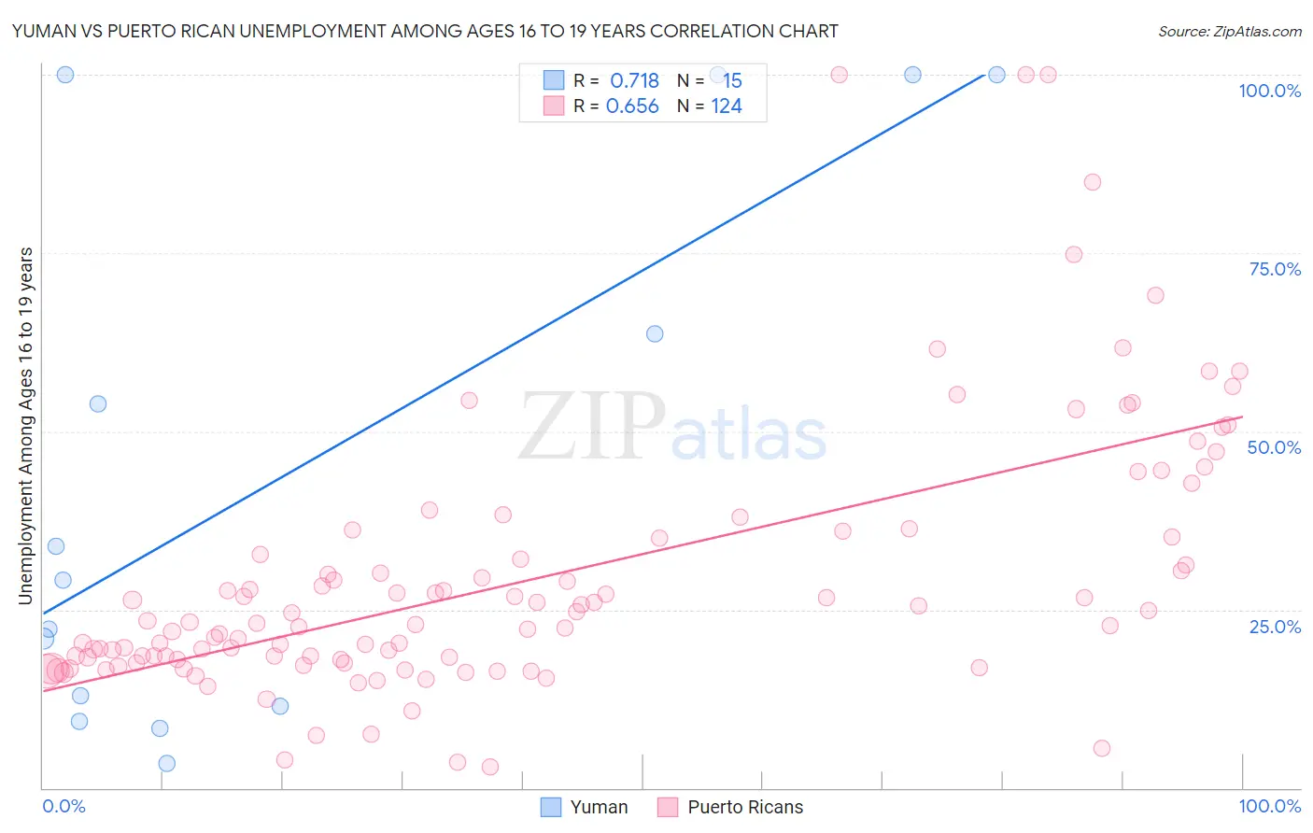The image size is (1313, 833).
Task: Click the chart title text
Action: pyautogui.click(x=425, y=31)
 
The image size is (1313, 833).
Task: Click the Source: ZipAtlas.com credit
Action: pyautogui.click(x=1229, y=31)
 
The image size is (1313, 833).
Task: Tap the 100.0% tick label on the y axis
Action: pyautogui.click(x=1269, y=91)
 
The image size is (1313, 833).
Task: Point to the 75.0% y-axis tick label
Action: pyautogui.click(x=1275, y=269)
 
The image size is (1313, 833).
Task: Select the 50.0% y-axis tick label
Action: pyautogui.click(x=1274, y=447)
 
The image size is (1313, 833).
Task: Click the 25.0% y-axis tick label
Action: pyautogui.click(x=1275, y=627)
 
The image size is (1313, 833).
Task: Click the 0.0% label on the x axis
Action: pyautogui.click(x=64, y=806)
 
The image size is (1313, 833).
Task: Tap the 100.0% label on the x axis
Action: pyautogui.click(x=1269, y=806)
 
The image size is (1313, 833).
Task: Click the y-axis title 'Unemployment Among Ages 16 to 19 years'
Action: pyautogui.click(x=26, y=426)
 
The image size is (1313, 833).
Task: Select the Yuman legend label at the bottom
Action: pyautogui.click(x=599, y=807)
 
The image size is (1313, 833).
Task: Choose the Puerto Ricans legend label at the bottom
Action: pyautogui.click(x=745, y=807)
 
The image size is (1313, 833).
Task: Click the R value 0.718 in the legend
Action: pyautogui.click(x=634, y=81)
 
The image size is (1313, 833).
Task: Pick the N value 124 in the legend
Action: pyautogui.click(x=727, y=106)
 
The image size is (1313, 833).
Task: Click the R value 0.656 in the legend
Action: pyautogui.click(x=632, y=106)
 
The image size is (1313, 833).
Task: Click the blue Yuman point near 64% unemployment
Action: pyautogui.click(x=655, y=333)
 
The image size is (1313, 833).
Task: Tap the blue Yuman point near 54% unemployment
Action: pyautogui.click(x=98, y=404)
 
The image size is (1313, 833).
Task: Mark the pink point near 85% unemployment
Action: pyautogui.click(x=1093, y=182)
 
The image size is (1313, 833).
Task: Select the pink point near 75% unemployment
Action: pyautogui.click(x=1074, y=255)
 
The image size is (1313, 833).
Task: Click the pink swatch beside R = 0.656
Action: pyautogui.click(x=554, y=106)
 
